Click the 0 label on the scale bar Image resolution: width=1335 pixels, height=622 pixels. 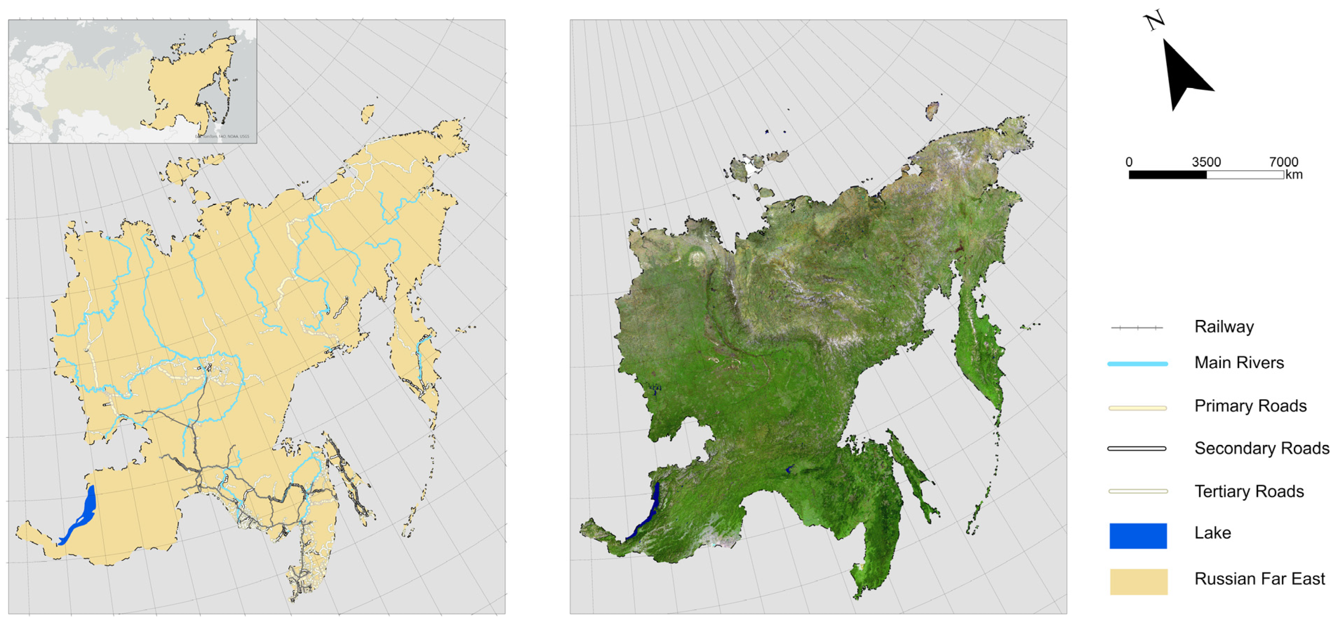click(x=1129, y=162)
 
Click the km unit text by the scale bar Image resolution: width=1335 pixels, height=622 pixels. click(x=1294, y=175)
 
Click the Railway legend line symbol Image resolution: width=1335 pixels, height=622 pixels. click(x=1137, y=328)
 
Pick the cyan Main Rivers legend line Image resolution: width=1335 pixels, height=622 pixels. click(x=1138, y=364)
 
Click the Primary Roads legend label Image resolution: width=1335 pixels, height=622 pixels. click(x=1250, y=406)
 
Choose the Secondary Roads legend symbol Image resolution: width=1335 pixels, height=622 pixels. click(x=1137, y=448)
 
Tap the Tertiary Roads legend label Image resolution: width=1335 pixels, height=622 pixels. click(x=1249, y=491)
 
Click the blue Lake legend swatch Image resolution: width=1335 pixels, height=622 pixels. click(x=1138, y=535)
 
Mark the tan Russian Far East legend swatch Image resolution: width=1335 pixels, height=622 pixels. click(x=1139, y=581)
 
